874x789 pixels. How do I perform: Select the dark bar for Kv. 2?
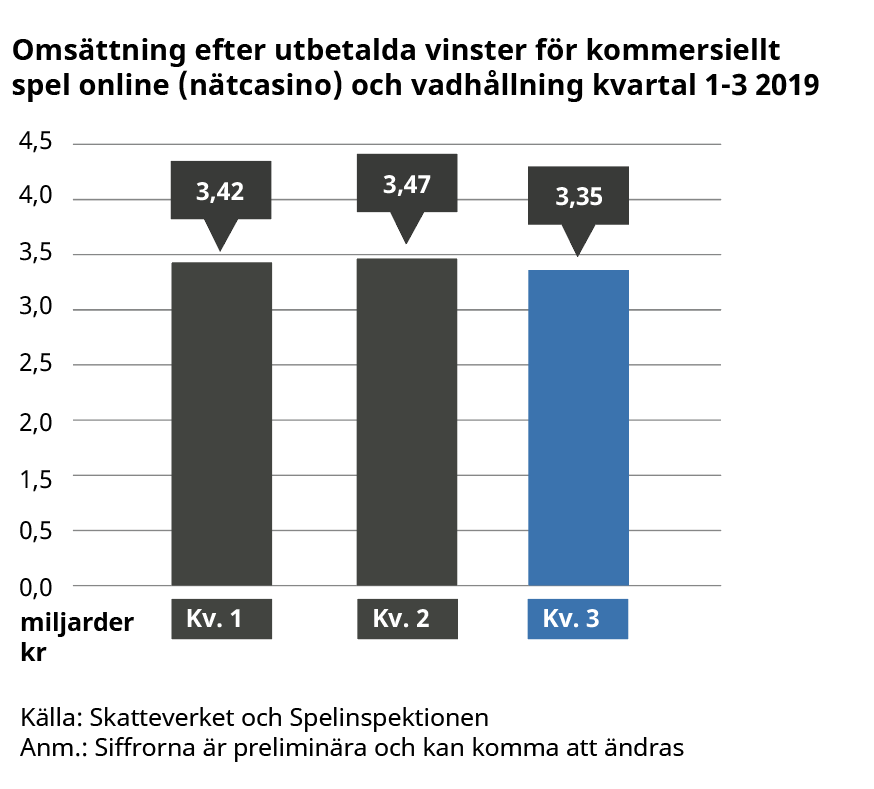(407, 421)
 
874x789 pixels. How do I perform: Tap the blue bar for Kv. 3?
(578, 427)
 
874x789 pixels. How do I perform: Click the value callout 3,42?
(220, 191)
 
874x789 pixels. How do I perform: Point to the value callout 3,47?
(407, 184)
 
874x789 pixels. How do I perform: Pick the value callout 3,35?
(578, 196)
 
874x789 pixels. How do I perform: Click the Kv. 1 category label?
(221, 619)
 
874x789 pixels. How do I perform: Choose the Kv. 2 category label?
(407, 619)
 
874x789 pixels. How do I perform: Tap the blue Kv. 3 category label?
(577, 619)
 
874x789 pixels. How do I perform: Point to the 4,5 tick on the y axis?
(36, 143)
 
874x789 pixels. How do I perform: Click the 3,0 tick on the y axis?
(36, 309)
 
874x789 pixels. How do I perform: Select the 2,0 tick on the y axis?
(36, 420)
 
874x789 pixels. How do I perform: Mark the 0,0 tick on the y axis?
(36, 585)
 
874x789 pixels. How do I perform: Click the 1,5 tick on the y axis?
(36, 475)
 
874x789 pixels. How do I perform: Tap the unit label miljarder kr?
(75, 636)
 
